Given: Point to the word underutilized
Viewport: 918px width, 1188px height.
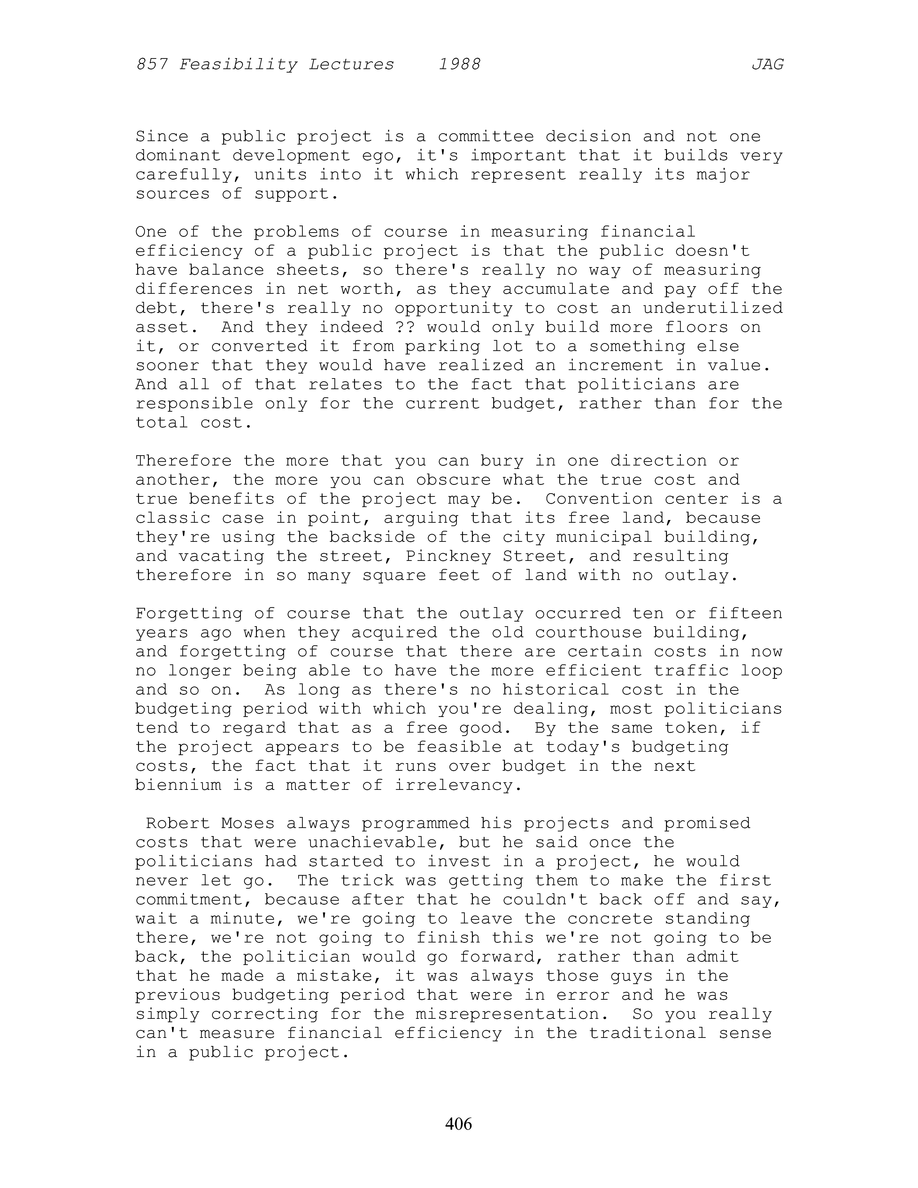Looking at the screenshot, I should tap(713, 308).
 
